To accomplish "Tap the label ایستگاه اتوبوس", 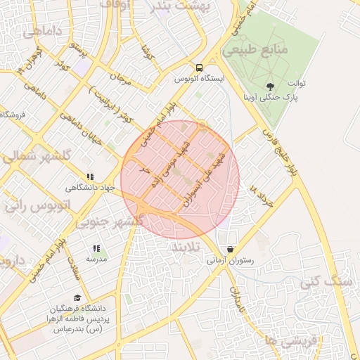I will pyautogui.click(x=200, y=79).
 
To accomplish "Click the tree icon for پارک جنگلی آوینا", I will pyautogui.click(x=271, y=86).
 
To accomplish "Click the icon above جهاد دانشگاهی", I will pyautogui.click(x=90, y=176).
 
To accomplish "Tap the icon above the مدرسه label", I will pyautogui.click(x=96, y=248).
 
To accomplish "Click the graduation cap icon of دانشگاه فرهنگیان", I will pyautogui.click(x=77, y=297).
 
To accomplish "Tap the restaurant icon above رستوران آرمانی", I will pyautogui.click(x=230, y=250).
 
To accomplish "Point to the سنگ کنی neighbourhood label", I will pyautogui.click(x=326, y=281).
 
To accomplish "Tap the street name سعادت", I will pyautogui.click(x=75, y=265).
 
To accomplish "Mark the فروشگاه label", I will pyautogui.click(x=14, y=114).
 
